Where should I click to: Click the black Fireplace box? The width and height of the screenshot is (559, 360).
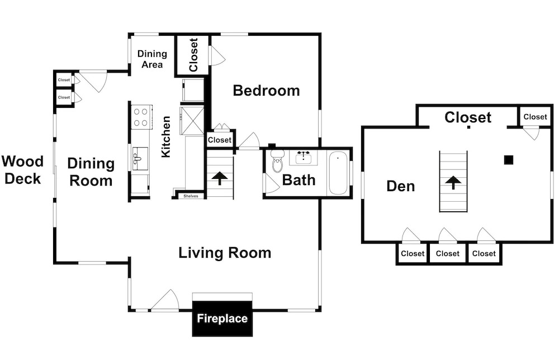[222, 318]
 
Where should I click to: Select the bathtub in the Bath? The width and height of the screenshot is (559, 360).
[338, 173]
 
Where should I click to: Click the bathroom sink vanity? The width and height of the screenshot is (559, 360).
[303, 158]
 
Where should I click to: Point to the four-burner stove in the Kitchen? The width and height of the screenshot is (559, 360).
[140, 117]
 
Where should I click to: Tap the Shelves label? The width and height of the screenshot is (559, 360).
[191, 196]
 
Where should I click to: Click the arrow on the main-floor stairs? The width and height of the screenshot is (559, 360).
[220, 178]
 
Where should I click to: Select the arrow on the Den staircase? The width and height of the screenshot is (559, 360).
[453, 182]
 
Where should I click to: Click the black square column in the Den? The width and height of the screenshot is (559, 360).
[509, 160]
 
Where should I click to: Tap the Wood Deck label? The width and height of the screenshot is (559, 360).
[22, 170]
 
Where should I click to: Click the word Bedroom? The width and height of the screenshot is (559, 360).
[266, 91]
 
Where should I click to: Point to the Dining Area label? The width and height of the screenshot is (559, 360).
[152, 59]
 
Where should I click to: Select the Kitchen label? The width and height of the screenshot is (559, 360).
[166, 136]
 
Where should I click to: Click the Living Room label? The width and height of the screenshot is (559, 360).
[225, 253]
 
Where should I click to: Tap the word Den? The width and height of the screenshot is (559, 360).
[401, 186]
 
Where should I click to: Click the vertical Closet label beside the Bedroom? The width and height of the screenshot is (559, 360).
[193, 55]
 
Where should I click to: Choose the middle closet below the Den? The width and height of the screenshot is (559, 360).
[448, 253]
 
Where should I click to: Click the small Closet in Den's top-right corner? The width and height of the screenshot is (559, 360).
[535, 117]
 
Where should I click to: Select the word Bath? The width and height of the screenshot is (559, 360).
[299, 180]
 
